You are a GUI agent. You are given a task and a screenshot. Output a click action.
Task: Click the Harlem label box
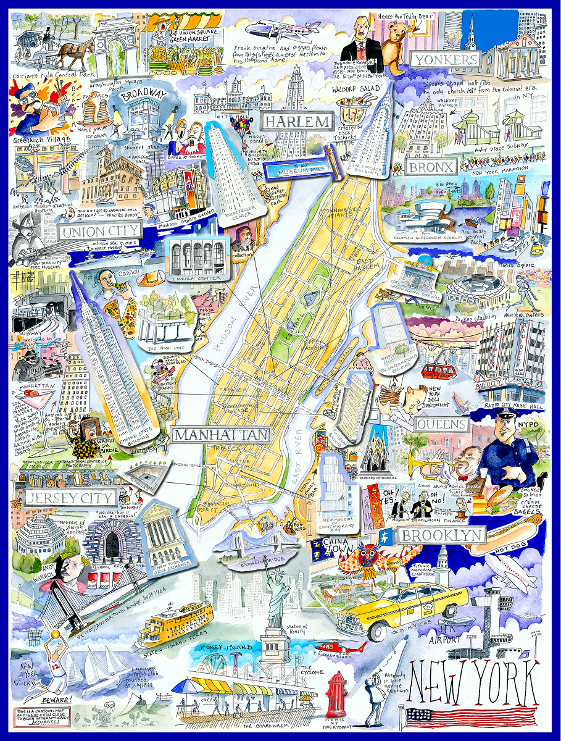point(297,121)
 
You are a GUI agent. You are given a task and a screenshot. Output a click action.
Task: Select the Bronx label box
point(431,167)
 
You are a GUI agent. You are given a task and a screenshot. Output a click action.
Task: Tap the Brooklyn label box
point(441,535)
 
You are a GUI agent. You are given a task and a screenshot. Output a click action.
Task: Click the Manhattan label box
point(221,435)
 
